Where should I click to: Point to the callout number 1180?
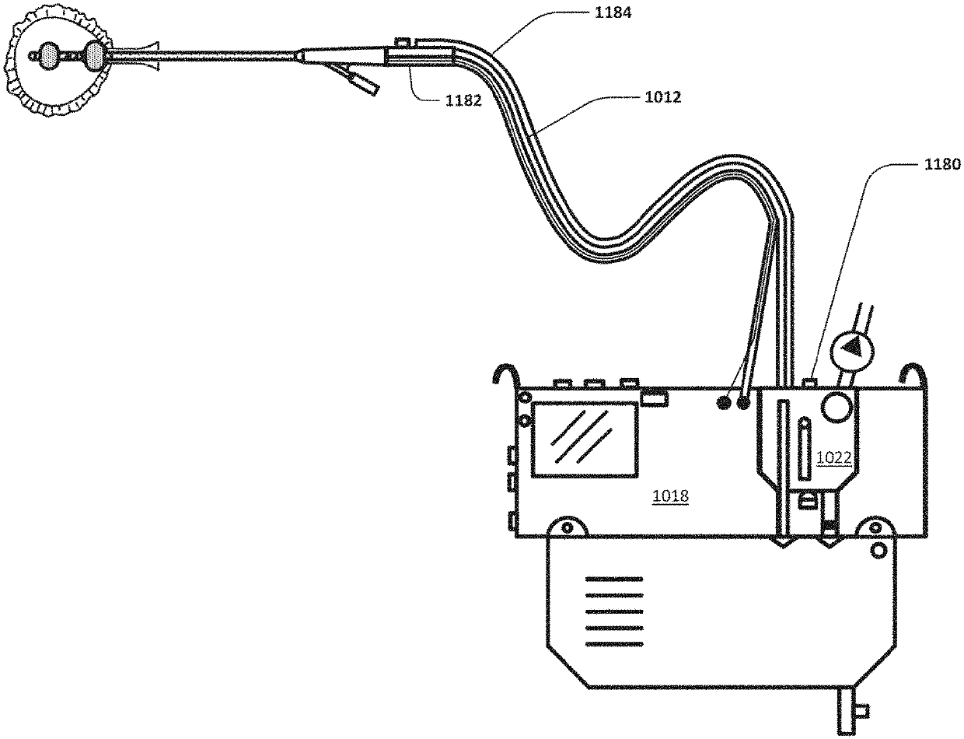pyautogui.click(x=940, y=164)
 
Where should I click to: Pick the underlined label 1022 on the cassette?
pyautogui.click(x=835, y=458)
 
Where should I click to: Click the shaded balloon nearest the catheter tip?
pyautogui.click(x=49, y=55)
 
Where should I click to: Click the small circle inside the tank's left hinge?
pyautogui.click(x=568, y=527)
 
